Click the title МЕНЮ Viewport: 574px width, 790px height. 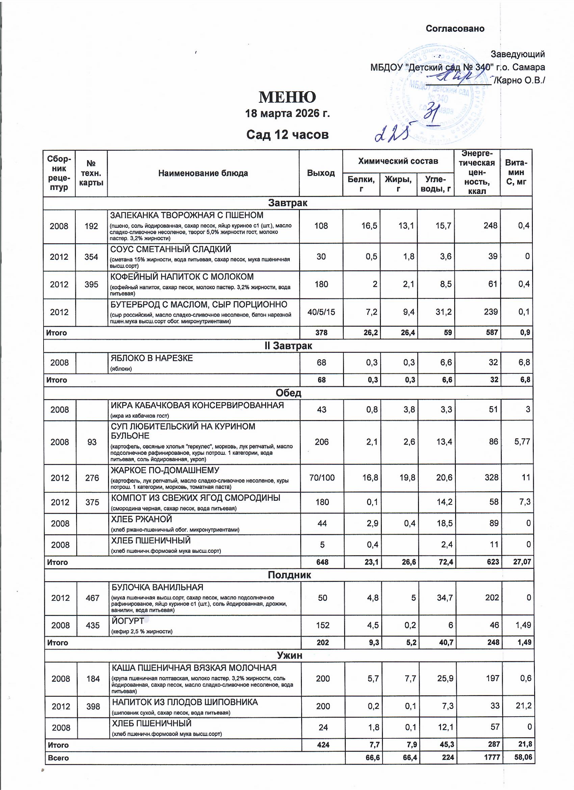click(287, 97)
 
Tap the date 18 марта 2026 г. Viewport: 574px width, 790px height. click(287, 114)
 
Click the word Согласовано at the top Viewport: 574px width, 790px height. click(455, 29)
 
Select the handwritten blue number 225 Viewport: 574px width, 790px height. click(392, 132)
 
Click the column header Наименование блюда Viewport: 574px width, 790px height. click(203, 173)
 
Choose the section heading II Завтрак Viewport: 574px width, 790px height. click(288, 346)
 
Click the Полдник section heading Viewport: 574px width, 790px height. click(289, 575)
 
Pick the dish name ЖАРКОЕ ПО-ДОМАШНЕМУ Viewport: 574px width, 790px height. click(165, 470)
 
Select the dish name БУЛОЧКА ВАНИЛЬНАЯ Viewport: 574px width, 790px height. click(157, 587)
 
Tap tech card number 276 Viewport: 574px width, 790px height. click(92, 478)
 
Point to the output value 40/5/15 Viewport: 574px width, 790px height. click(321, 312)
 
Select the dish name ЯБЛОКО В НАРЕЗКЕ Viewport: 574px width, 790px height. click(152, 358)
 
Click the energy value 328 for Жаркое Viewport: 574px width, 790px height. click(492, 477)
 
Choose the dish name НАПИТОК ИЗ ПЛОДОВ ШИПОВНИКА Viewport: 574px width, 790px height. click(185, 702)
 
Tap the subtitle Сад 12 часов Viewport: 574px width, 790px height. click(287, 135)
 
